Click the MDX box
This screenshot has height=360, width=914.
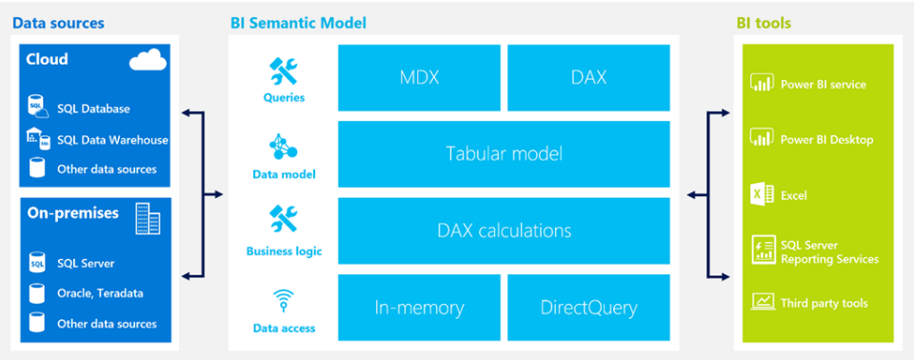(x=420, y=77)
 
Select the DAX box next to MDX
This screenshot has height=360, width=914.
(x=588, y=77)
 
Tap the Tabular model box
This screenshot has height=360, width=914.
(x=504, y=153)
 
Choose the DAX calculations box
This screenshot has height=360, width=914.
(x=504, y=230)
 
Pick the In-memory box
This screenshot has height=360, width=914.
(x=420, y=308)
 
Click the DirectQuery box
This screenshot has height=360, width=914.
(x=588, y=308)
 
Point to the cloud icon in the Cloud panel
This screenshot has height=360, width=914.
(x=148, y=62)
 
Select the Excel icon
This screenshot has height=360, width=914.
(x=762, y=194)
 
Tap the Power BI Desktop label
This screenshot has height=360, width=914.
(x=826, y=140)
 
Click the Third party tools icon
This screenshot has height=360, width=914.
(x=762, y=303)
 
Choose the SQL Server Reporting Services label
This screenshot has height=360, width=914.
(x=828, y=252)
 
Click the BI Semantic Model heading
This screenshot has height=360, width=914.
(x=298, y=23)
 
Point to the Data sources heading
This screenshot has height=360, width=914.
(x=58, y=23)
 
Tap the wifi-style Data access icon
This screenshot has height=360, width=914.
(x=284, y=302)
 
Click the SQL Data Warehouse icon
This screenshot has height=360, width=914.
(x=37, y=138)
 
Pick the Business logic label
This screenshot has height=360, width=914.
(x=284, y=251)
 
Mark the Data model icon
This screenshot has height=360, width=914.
(x=284, y=148)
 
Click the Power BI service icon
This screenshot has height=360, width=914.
(x=762, y=84)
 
